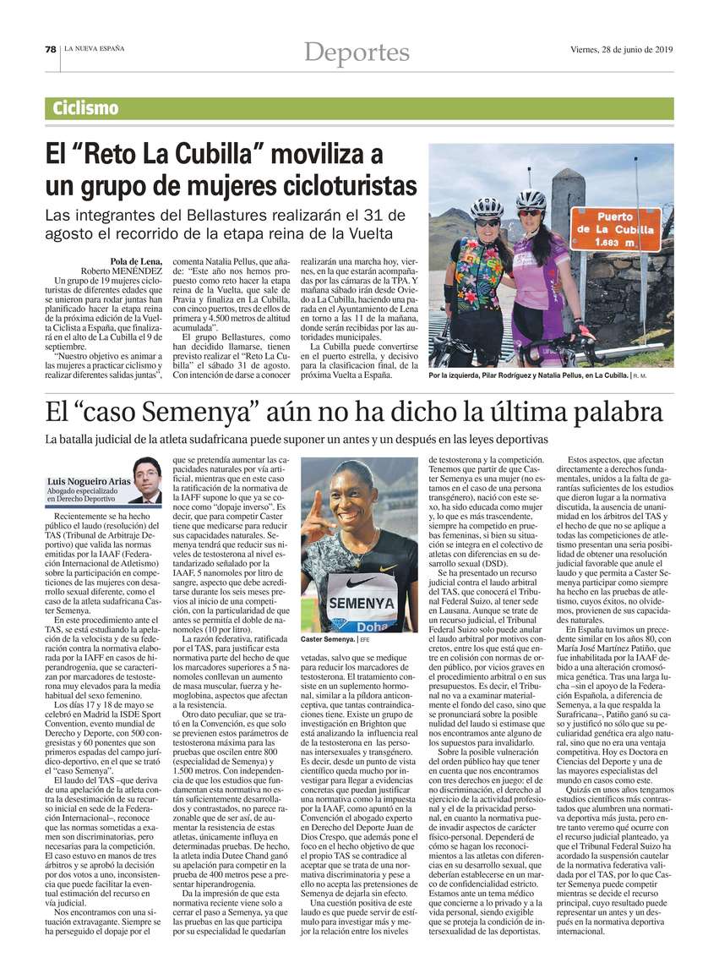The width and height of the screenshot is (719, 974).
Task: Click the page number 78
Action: coord(51,49)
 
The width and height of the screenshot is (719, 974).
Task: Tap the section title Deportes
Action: coord(357,52)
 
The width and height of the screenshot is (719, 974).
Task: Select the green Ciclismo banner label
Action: coord(85,109)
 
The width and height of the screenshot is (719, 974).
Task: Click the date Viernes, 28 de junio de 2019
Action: coord(621,49)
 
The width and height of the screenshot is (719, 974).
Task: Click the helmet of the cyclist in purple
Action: coord(531,200)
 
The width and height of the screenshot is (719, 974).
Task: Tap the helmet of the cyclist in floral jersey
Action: coord(487,207)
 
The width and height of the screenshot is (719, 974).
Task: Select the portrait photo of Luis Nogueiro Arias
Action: coord(147,479)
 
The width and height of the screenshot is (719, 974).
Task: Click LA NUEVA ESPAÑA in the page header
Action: coord(93,49)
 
